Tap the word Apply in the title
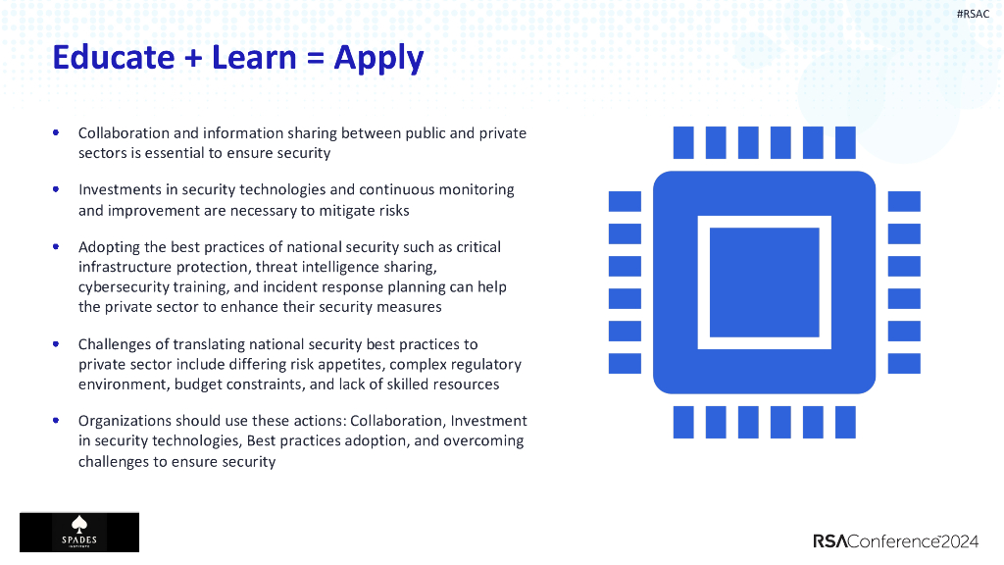[x=378, y=59]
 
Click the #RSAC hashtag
[x=973, y=13]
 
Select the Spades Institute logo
[x=79, y=532]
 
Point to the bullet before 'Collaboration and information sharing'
[x=56, y=131]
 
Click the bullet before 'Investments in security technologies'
[x=56, y=188]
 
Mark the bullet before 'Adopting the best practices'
[x=56, y=246]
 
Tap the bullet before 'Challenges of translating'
[x=56, y=343]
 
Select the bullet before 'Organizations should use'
[x=56, y=420]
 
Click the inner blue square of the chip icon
[x=764, y=282]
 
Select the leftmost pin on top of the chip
[x=683, y=143]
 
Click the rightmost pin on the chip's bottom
[x=845, y=423]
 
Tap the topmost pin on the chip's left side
[x=625, y=201]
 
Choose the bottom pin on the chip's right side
[x=904, y=363]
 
